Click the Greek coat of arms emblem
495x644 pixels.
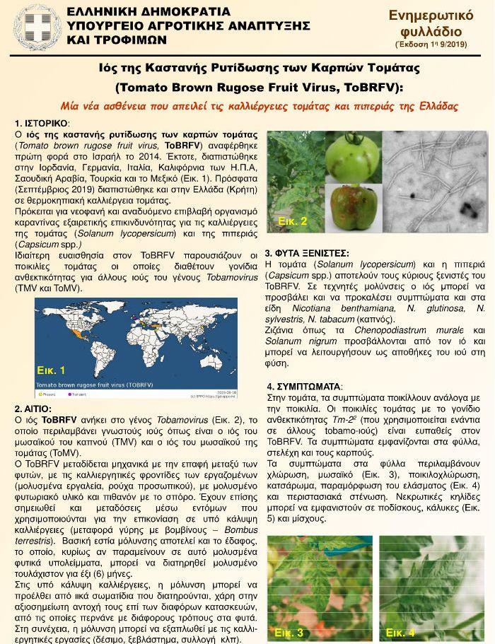35,26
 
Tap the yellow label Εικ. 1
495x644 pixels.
51,370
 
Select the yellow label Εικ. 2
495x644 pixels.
292,221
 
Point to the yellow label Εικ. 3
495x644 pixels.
289,632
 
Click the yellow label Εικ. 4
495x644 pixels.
400,632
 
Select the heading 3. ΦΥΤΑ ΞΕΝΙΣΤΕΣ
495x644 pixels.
307,253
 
